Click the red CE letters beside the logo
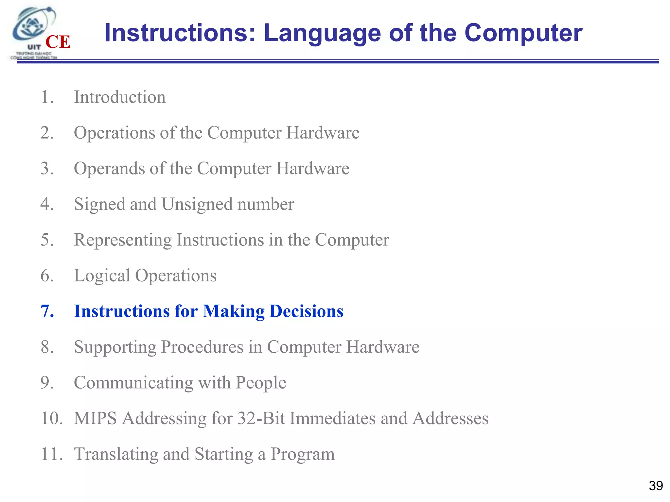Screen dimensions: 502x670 [58, 42]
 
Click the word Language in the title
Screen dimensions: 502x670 [322, 33]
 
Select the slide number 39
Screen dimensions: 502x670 [656, 486]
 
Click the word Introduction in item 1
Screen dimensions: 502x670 [120, 97]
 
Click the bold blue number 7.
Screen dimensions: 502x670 [47, 311]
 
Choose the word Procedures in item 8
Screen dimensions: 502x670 [202, 347]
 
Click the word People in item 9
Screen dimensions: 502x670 [261, 383]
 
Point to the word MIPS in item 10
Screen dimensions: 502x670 [95, 418]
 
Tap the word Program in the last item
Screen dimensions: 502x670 [302, 454]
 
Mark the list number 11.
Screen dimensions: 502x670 [51, 454]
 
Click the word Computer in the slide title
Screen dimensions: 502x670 [523, 33]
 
